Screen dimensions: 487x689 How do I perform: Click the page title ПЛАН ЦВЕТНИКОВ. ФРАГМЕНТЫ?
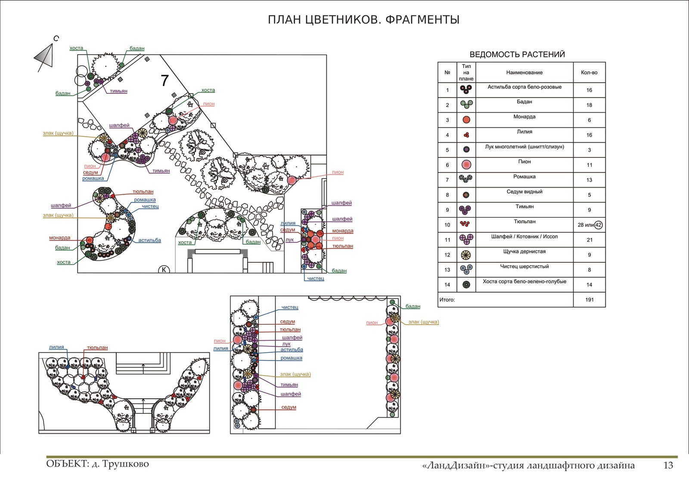point(363,20)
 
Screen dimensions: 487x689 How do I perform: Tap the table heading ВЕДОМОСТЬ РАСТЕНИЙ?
point(517,55)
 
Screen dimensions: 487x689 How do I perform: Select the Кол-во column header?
point(589,73)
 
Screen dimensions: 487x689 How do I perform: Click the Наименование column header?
point(524,73)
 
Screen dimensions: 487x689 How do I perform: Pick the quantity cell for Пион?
point(589,165)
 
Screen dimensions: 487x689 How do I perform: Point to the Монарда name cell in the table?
point(524,117)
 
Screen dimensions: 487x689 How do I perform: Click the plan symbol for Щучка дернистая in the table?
point(466,255)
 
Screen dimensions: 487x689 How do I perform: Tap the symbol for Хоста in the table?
point(466,285)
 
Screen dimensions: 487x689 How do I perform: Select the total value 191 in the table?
point(589,300)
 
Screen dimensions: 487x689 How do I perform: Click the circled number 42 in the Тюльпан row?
point(598,225)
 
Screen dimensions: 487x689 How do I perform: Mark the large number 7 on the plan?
point(164,81)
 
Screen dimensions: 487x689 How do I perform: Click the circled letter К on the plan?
point(164,270)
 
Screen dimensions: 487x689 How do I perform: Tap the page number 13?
point(668,465)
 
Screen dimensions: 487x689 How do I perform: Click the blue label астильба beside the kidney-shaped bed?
point(149,240)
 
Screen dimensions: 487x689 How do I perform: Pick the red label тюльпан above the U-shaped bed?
point(97,348)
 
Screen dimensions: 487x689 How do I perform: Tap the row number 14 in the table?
point(447,285)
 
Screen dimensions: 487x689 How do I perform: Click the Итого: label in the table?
point(447,300)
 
